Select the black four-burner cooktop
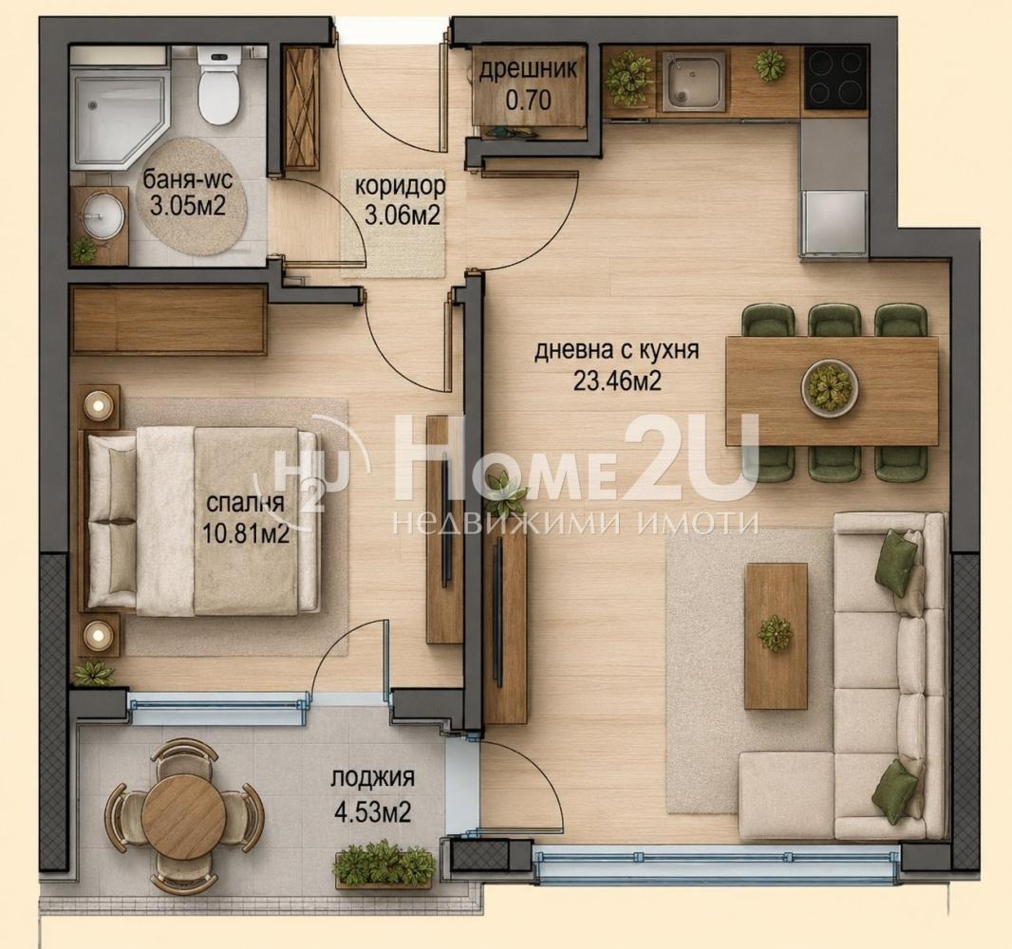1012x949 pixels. click(x=835, y=80)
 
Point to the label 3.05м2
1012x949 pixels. click(x=187, y=207)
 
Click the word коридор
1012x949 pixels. click(x=401, y=186)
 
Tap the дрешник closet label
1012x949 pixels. click(x=528, y=69)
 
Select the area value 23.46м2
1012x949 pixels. click(x=618, y=381)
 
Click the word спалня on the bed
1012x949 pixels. click(x=245, y=503)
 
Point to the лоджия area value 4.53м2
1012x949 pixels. click(x=372, y=811)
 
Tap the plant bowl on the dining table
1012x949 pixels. click(x=830, y=388)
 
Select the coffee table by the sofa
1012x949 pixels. click(x=777, y=636)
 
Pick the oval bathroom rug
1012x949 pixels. click(x=193, y=197)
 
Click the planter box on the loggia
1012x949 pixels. click(x=384, y=865)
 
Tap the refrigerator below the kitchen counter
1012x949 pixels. click(x=834, y=223)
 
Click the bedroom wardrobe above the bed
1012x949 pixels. click(x=168, y=321)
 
